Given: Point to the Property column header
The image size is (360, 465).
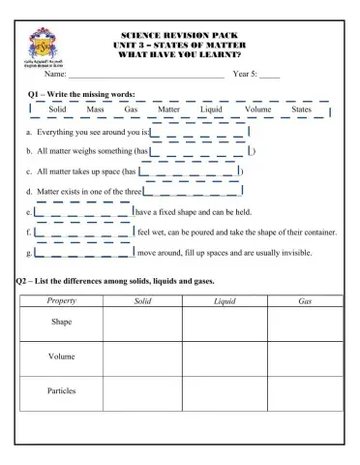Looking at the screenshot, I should [61, 301].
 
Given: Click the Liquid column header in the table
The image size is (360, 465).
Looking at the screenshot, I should [225, 301].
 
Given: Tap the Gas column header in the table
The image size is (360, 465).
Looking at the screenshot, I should [305, 301].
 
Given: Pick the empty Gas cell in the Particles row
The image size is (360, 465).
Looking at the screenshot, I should [305, 392].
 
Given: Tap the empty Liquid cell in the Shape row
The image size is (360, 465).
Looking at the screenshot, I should [225, 324].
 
